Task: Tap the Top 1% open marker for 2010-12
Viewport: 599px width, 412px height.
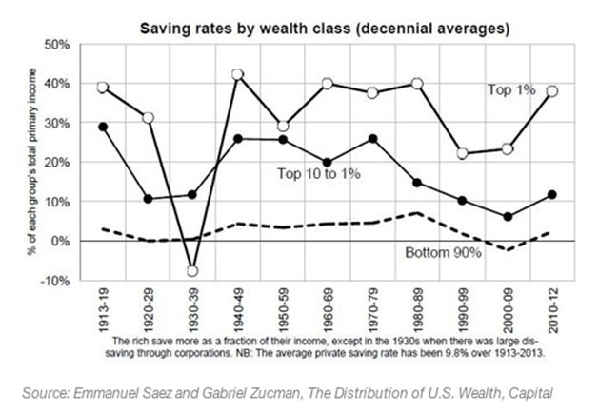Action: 552,91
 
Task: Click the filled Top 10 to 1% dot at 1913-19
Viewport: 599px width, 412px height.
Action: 103,127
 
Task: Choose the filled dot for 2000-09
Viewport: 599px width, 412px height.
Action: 508,217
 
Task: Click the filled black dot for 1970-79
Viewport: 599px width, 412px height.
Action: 372,139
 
